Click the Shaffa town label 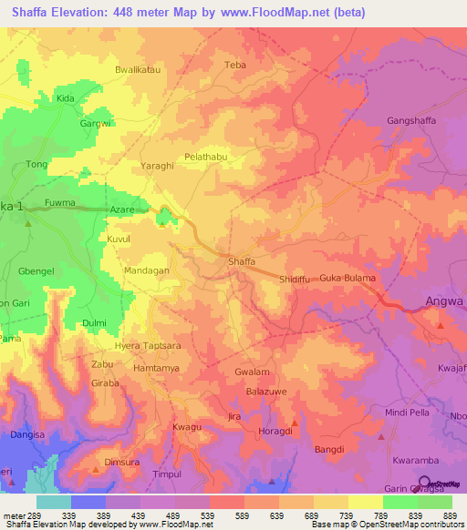(242, 261)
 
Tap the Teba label (235, 65)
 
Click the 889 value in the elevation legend (448, 515)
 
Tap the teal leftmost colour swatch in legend (53, 502)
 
